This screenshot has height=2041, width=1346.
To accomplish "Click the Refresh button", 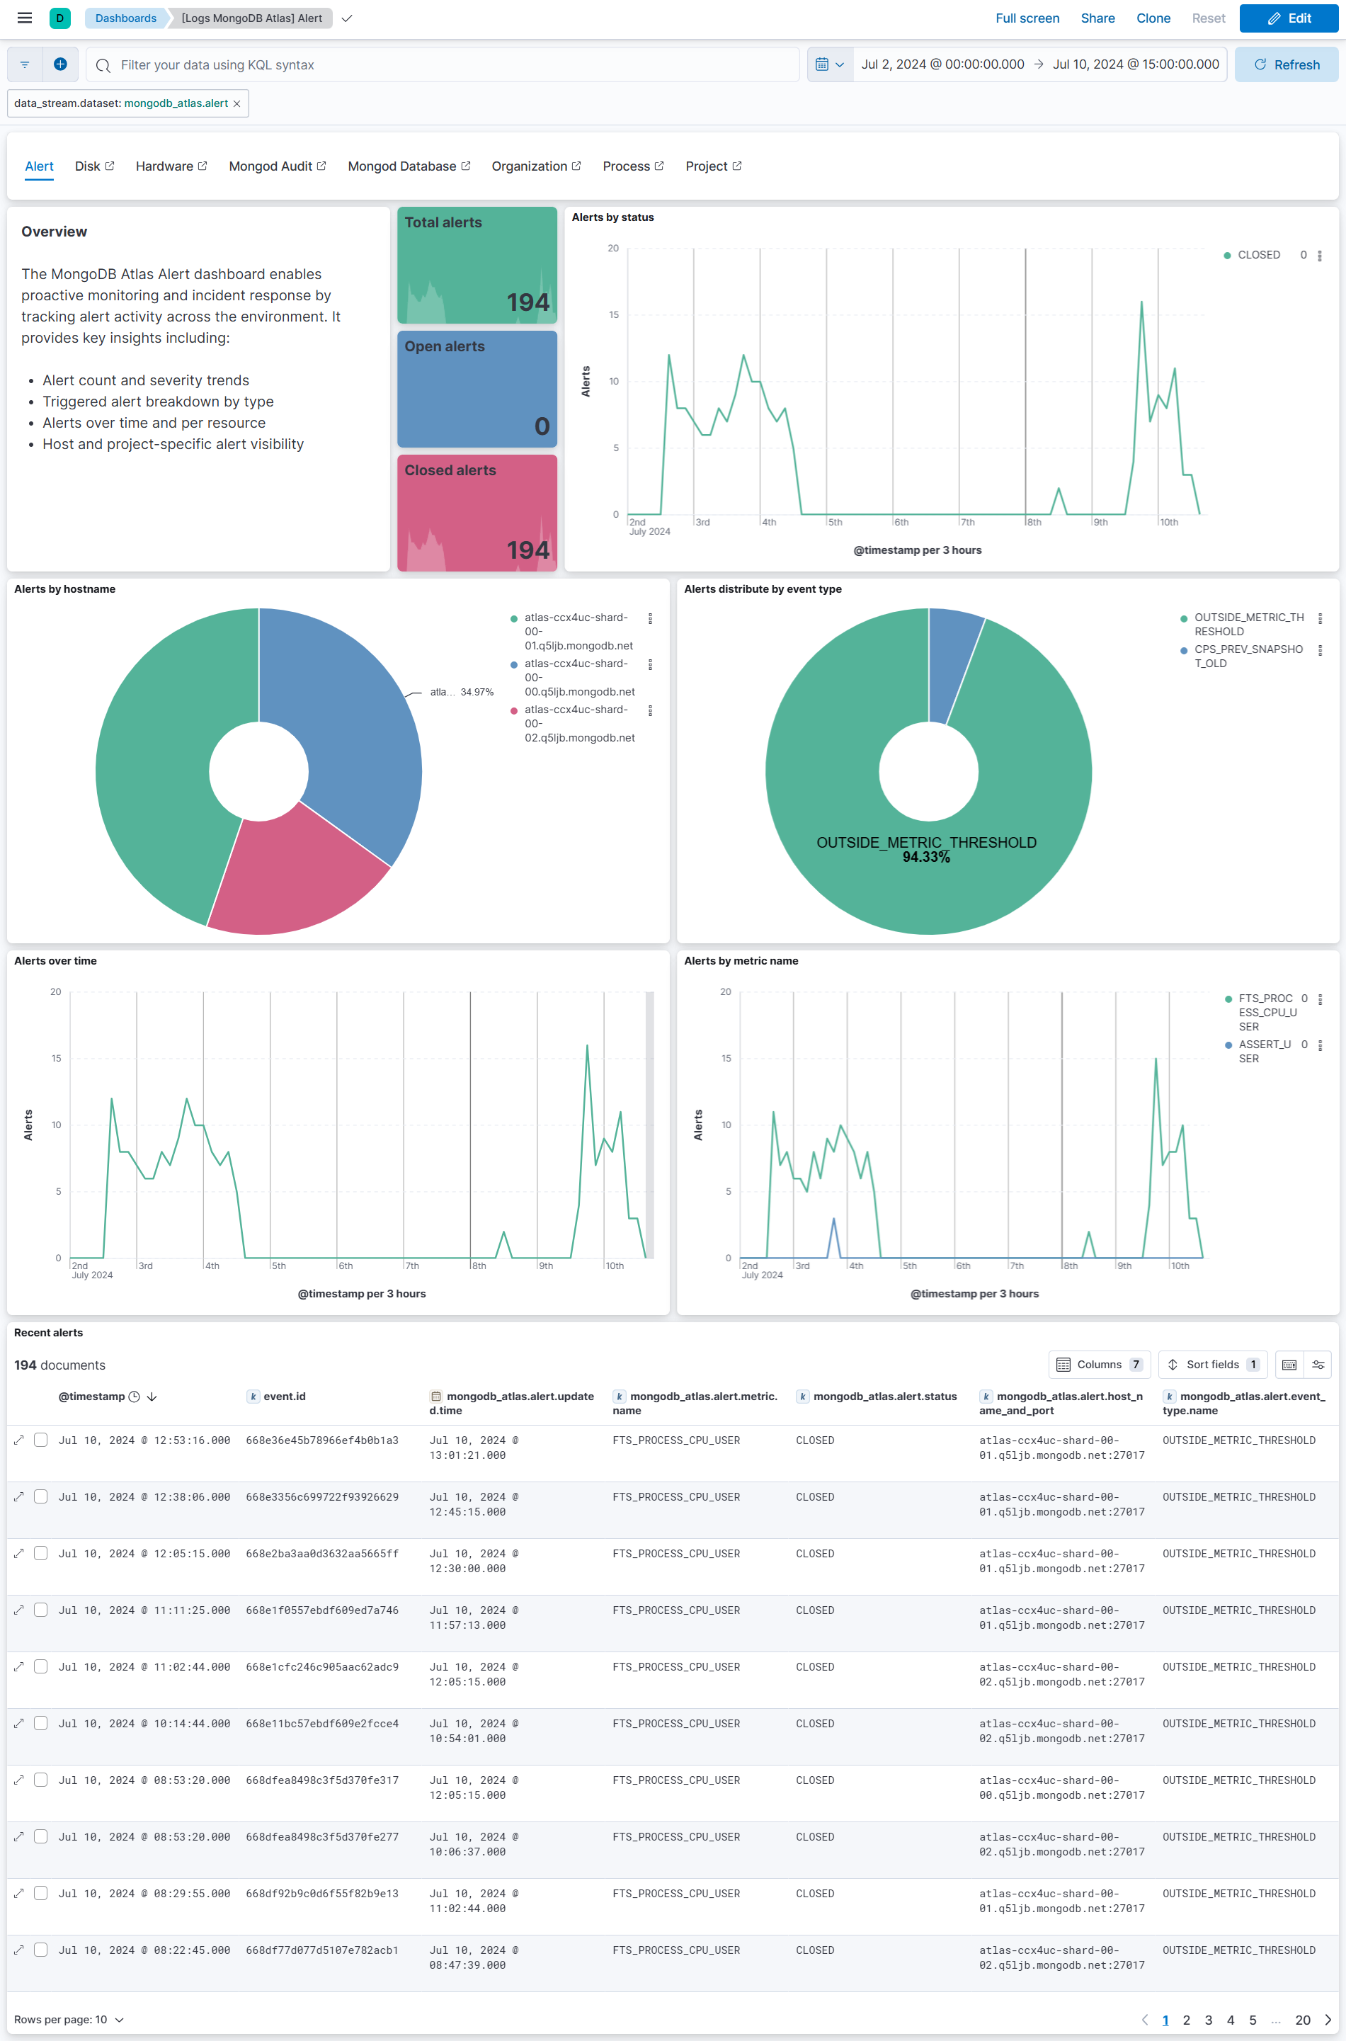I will point(1285,64).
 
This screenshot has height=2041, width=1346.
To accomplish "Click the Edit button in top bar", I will point(1288,18).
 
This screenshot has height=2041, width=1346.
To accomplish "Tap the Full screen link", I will point(1027,18).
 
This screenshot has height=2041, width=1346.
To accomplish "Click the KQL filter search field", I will point(446,64).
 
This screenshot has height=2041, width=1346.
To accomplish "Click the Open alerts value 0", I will point(542,426).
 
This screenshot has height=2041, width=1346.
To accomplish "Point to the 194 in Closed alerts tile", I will point(527,550).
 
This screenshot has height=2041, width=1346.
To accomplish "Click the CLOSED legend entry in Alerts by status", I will point(1257,255).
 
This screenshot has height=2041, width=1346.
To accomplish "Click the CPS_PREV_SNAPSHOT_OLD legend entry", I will point(1248,656).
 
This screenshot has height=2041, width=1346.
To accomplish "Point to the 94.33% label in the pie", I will point(925,857).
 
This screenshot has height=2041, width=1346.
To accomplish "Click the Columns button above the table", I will point(1099,1365).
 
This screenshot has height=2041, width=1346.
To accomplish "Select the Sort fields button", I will point(1211,1365).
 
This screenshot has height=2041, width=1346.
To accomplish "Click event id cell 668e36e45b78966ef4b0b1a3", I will point(322,1440).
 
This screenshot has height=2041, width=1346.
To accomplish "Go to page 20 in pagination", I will point(1301,2020).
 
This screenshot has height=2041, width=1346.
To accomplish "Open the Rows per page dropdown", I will point(69,2020).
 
